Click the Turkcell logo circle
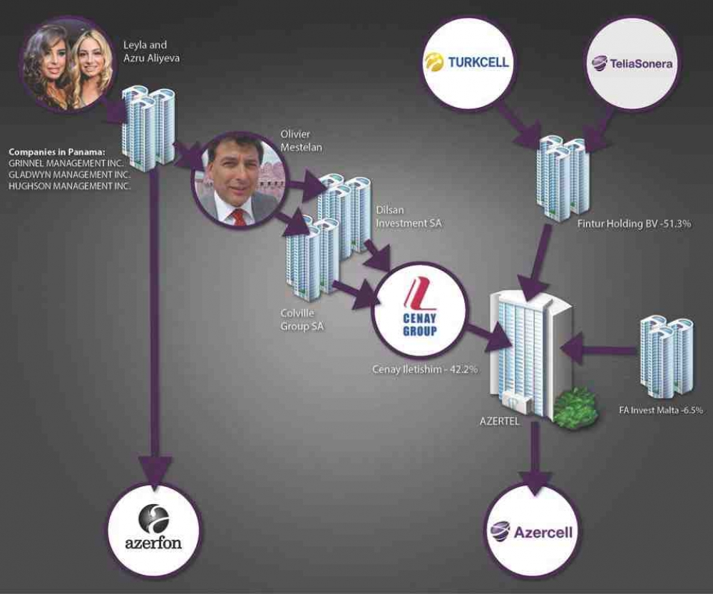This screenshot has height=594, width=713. click(468, 63)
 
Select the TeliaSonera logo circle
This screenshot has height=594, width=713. click(632, 63)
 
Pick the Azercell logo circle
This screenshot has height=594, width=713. click(533, 531)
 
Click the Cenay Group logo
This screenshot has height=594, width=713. click(419, 310)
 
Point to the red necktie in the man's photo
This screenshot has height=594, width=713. click(239, 217)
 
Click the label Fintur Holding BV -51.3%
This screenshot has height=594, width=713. click(634, 224)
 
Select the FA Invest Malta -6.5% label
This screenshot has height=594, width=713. click(661, 410)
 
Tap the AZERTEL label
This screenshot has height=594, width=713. click(499, 421)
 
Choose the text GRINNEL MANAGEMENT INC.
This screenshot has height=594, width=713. click(66, 163)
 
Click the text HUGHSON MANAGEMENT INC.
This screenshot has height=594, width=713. click(70, 186)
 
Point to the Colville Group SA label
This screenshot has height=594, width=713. click(302, 319)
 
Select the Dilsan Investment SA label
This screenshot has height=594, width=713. click(409, 217)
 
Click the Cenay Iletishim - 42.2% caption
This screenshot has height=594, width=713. click(425, 369)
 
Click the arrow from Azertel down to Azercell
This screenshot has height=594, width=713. click(535, 457)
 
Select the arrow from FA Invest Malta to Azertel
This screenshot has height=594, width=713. click(599, 350)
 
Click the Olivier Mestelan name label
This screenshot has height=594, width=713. click(301, 140)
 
